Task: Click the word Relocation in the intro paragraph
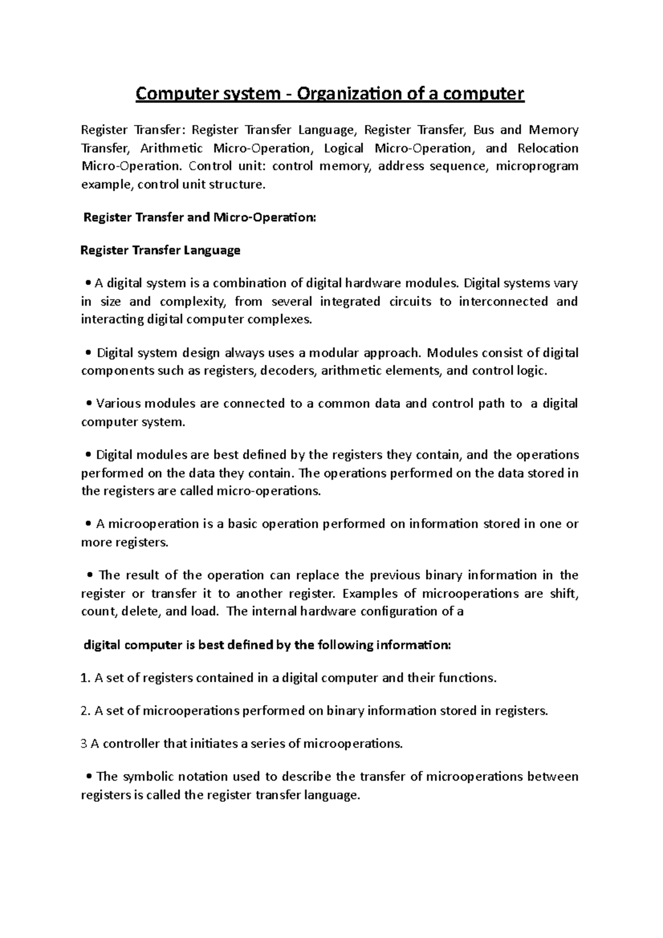[x=548, y=148]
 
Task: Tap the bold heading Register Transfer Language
[x=160, y=250]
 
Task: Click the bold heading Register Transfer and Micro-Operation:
[x=199, y=218]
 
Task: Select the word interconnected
[x=503, y=302]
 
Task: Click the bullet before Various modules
[x=89, y=404]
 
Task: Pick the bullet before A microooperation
[x=89, y=524]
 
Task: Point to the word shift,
[x=564, y=593]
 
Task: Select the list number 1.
[x=85, y=678]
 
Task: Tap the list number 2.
[x=85, y=711]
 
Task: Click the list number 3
[x=84, y=744]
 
